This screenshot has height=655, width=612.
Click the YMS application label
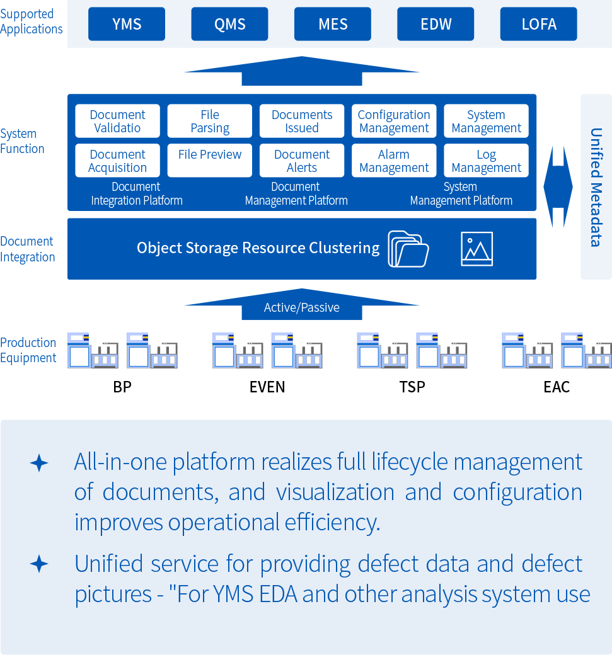pos(127,25)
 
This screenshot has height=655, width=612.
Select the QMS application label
pos(230,25)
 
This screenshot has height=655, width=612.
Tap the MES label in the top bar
pos(333,25)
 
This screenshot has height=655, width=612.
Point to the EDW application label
pos(436,25)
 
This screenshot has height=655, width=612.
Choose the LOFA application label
pos(539,25)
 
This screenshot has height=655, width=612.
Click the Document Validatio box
pos(118,121)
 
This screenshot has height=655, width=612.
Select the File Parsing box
pos(210,121)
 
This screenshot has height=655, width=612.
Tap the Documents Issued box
pos(302,121)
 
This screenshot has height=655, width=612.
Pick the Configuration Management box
pos(394,121)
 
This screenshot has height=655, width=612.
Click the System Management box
pos(486,121)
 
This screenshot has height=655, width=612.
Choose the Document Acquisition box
pos(118,161)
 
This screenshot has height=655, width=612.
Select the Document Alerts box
pos(302,161)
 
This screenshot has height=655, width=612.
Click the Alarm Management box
pos(394,161)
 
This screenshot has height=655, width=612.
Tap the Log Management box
pos(486,161)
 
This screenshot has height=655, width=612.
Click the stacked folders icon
pos(408,249)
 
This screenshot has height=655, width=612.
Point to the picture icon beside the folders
pos(476,249)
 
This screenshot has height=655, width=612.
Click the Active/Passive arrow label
pos(302,307)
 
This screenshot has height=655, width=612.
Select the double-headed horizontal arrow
pos(558,187)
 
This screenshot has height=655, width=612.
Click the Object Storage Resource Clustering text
pos(258,248)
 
